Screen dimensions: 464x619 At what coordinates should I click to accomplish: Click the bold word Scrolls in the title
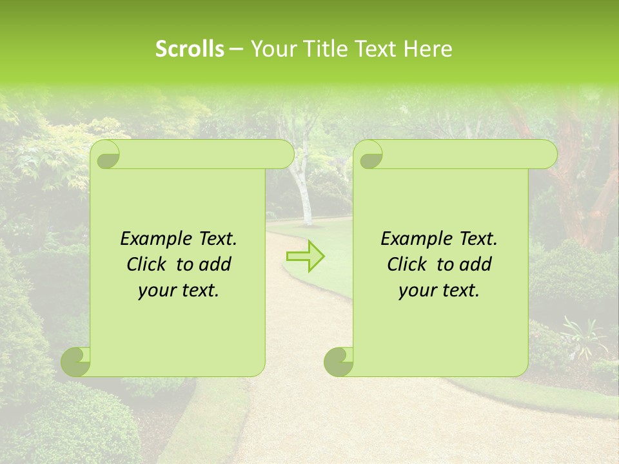[190, 49]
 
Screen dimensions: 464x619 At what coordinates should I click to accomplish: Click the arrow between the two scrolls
[305, 256]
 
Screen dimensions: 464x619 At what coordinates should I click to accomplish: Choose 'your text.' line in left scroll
[179, 291]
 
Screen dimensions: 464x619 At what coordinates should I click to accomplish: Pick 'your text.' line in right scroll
[439, 291]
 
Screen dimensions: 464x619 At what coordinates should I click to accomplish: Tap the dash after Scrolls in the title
[237, 49]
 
